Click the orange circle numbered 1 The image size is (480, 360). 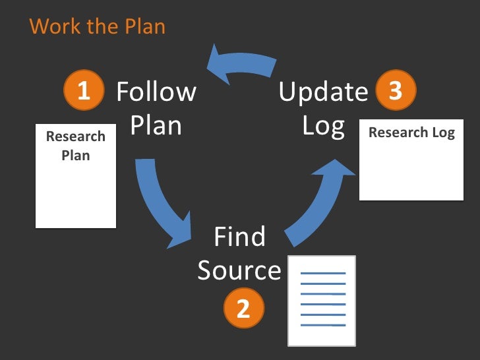click(x=83, y=92)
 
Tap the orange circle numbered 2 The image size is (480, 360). click(x=243, y=309)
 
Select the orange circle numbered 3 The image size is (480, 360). click(x=396, y=91)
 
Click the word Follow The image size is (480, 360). click(x=156, y=92)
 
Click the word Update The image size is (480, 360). click(x=323, y=92)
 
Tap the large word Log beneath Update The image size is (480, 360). click(x=323, y=126)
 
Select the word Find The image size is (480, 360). click(x=239, y=237)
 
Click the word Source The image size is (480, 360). click(x=239, y=271)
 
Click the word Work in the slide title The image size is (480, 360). click(x=51, y=27)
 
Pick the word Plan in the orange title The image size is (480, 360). click(x=146, y=27)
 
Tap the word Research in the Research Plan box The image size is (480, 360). click(x=76, y=137)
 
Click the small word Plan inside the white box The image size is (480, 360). click(x=76, y=156)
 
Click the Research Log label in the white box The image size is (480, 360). click(x=411, y=133)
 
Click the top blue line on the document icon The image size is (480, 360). click(x=322, y=273)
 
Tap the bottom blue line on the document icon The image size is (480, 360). click(x=322, y=325)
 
